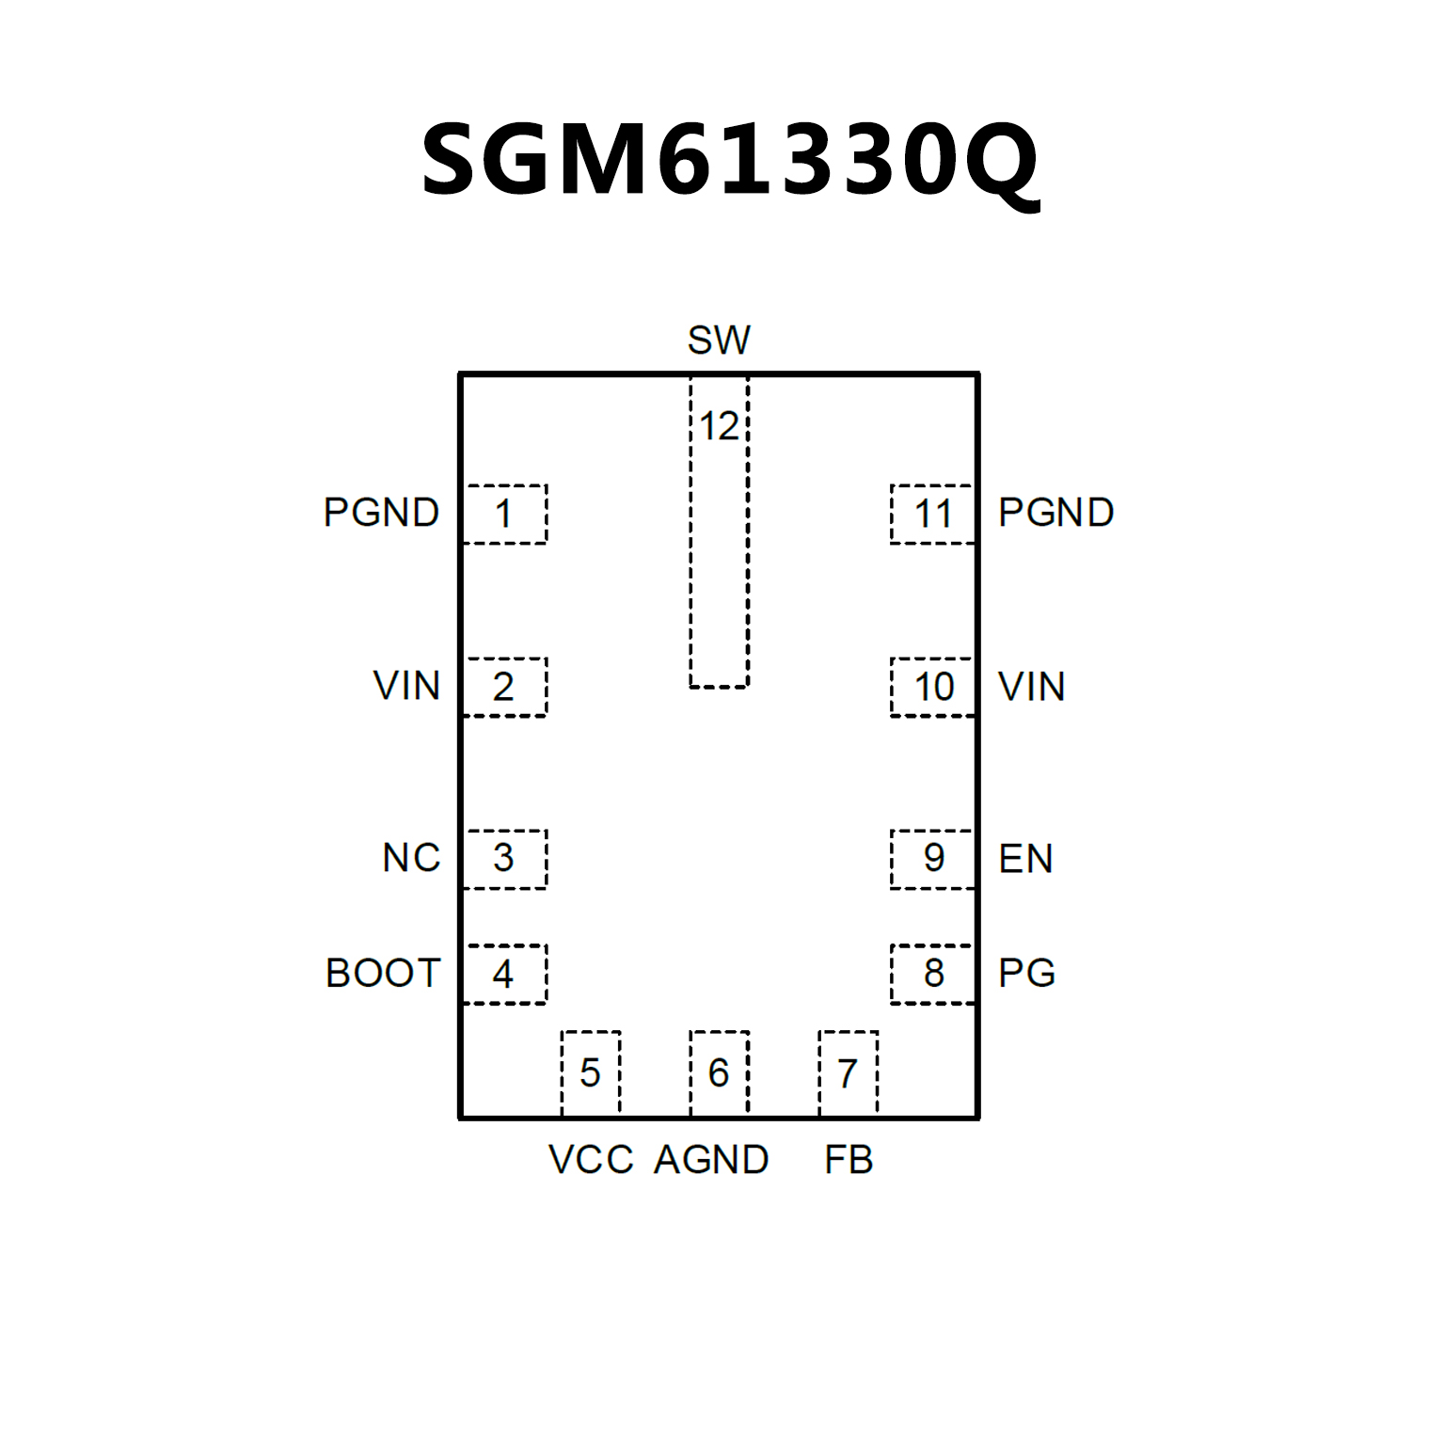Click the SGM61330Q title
point(730,160)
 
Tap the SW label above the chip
point(719,340)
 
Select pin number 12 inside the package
point(719,426)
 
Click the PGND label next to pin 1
point(381,513)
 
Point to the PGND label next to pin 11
point(1055,513)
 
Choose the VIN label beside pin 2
point(406,686)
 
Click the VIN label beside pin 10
point(1031,687)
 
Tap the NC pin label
point(411,858)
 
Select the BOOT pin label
point(383,973)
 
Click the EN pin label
point(1025,858)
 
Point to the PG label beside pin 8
point(1026,973)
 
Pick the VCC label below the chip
point(591,1159)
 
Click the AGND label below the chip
point(711,1159)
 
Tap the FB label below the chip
point(849,1159)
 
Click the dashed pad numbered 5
point(590,1072)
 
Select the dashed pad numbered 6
point(719,1072)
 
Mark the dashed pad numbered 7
point(848,1072)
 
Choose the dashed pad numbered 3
point(504,858)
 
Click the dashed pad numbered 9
point(933,858)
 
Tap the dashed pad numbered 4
point(504,974)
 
